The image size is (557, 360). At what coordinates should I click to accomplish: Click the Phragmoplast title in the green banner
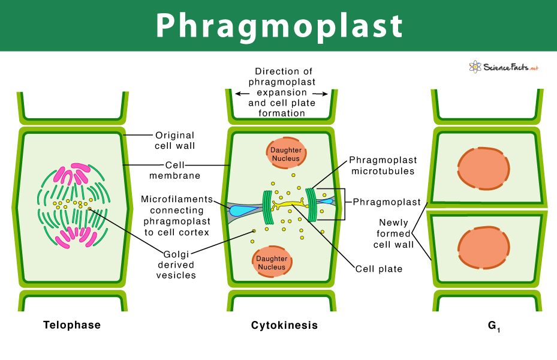coord(279,26)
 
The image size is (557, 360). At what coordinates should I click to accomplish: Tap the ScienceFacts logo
coord(504,67)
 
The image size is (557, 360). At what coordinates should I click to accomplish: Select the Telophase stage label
coord(72,325)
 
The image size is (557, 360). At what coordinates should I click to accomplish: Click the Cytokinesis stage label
coord(284,325)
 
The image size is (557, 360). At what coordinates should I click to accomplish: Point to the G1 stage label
coord(494,326)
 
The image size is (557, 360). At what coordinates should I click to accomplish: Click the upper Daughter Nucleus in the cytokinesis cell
coord(286,153)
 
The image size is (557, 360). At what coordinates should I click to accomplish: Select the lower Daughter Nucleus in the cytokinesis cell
coord(272,262)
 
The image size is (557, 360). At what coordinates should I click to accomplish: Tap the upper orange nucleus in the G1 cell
coord(483,168)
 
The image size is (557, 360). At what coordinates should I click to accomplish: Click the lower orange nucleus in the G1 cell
coord(483,248)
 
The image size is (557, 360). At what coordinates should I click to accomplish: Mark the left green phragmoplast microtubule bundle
coord(267,207)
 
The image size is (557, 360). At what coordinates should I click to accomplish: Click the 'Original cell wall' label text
coord(174,140)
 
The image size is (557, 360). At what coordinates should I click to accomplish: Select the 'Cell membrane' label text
coord(174,170)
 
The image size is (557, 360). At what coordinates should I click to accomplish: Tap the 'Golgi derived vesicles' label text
coord(176,265)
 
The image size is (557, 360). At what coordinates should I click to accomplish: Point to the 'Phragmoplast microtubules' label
coord(383,166)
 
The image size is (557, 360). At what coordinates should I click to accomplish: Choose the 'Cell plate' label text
coord(379,269)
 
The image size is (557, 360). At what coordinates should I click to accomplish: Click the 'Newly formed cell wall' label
coord(393,233)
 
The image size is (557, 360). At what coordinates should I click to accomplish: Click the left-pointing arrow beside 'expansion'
coord(242,94)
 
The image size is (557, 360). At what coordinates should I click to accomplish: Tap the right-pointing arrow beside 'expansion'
coord(320,94)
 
